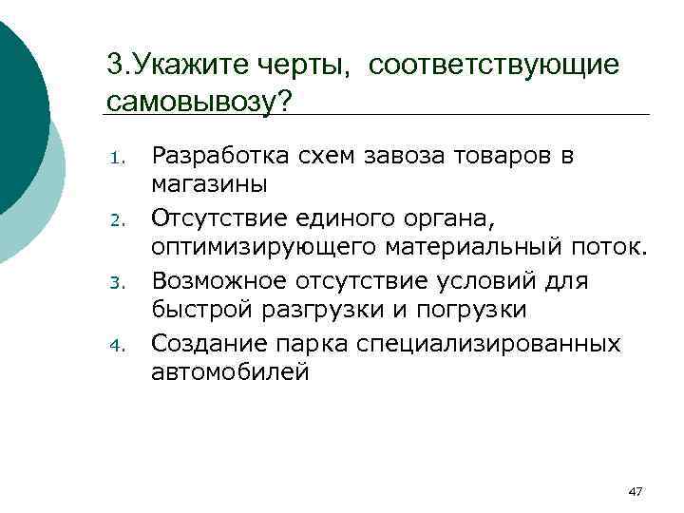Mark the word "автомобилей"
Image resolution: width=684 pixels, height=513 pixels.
(x=229, y=371)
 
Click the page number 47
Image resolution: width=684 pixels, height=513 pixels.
(x=636, y=491)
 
